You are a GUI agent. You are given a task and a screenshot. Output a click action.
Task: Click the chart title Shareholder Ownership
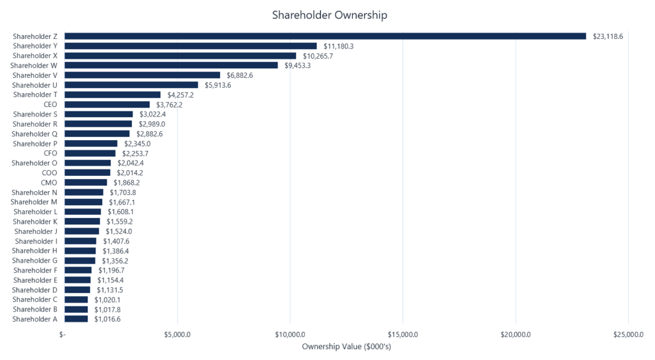329,15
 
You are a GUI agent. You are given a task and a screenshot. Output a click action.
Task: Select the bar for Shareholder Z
325,36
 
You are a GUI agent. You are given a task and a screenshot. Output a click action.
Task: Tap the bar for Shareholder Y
191,46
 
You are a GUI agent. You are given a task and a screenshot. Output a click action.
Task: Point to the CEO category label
51,104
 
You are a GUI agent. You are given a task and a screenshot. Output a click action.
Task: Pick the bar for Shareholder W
171,65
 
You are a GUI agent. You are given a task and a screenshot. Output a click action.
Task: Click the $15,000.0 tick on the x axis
402,334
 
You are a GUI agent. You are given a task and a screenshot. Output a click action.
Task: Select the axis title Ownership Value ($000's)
346,347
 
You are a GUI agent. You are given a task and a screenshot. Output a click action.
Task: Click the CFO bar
90,153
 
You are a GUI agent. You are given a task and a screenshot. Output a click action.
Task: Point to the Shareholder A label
35,319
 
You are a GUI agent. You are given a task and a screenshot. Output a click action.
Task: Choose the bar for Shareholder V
142,75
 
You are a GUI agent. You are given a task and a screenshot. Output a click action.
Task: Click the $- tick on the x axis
63,334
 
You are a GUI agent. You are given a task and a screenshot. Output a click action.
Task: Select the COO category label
50,173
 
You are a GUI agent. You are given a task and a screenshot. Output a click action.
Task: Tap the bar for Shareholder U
131,85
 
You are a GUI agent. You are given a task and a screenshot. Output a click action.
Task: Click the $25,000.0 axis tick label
627,334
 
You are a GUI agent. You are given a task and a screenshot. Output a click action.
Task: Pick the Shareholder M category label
34,202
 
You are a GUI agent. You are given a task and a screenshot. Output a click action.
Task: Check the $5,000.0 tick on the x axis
177,334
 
